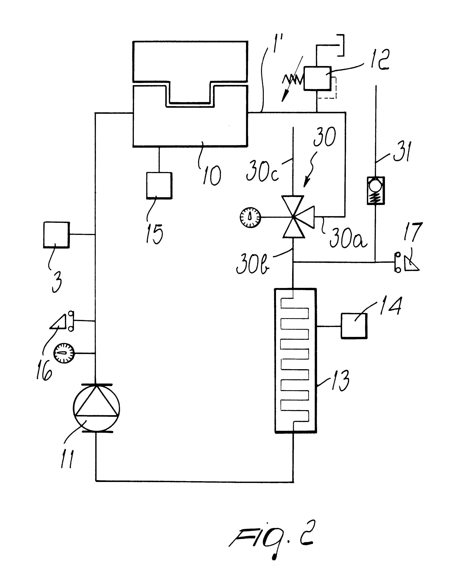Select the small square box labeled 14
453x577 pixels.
(354, 326)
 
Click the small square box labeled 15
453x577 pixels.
(159, 185)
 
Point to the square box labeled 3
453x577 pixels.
(57, 235)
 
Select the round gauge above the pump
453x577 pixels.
(64, 353)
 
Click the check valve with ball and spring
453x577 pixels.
(376, 191)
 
